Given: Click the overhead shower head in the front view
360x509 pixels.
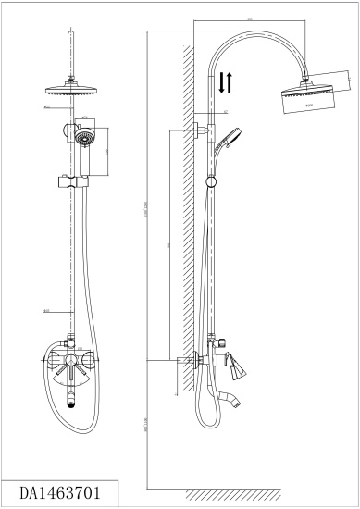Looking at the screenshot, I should point(70,92).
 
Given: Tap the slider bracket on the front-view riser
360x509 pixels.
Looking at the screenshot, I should point(70,177).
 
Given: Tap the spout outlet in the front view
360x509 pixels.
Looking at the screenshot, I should point(71,399).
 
